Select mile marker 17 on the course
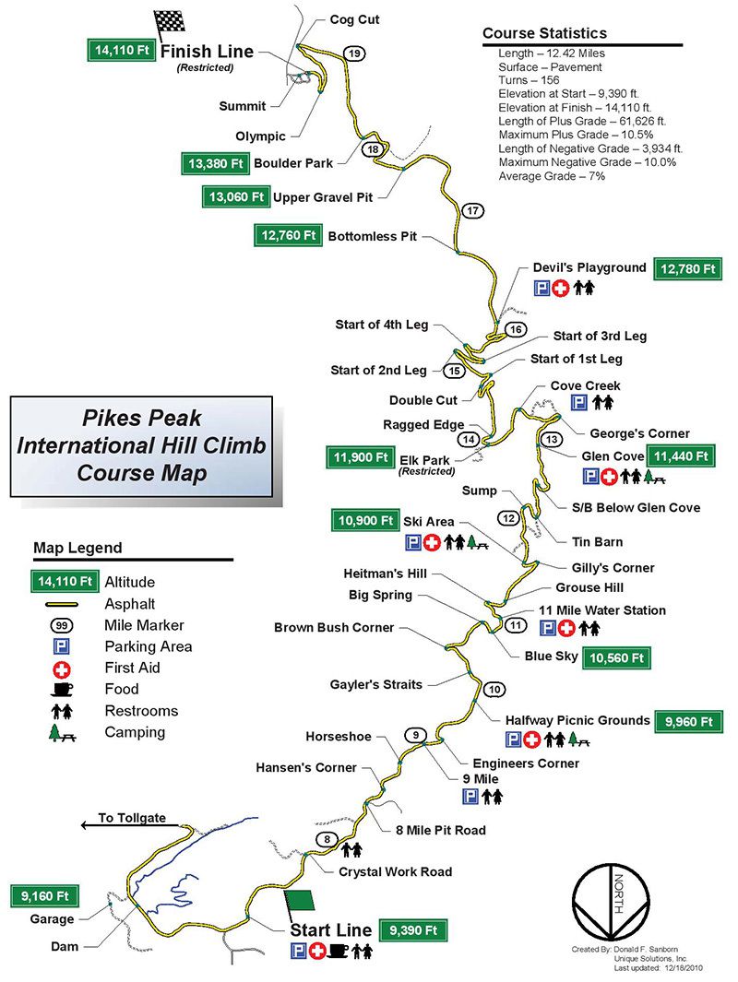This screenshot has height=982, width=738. click(x=473, y=211)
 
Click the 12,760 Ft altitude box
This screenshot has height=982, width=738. click(x=288, y=236)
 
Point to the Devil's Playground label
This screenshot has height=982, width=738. click(x=589, y=267)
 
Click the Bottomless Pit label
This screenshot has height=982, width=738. click(x=372, y=237)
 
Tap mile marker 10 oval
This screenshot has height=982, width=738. click(x=495, y=689)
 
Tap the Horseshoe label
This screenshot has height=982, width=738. click(x=339, y=736)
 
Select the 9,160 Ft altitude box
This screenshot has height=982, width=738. click(x=44, y=894)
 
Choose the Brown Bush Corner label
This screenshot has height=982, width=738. click(x=334, y=628)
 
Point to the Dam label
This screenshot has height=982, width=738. click(x=67, y=946)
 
